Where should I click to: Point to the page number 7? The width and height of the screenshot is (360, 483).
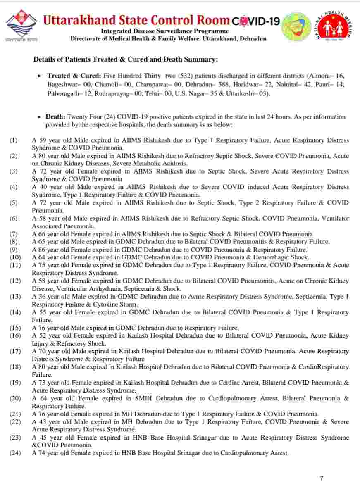click(322, 478)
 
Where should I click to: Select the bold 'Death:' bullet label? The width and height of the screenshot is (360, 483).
click(55, 117)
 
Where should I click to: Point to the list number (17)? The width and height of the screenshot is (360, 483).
click(14, 351)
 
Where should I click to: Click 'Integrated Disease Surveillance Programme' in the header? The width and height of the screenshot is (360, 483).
click(165, 31)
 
